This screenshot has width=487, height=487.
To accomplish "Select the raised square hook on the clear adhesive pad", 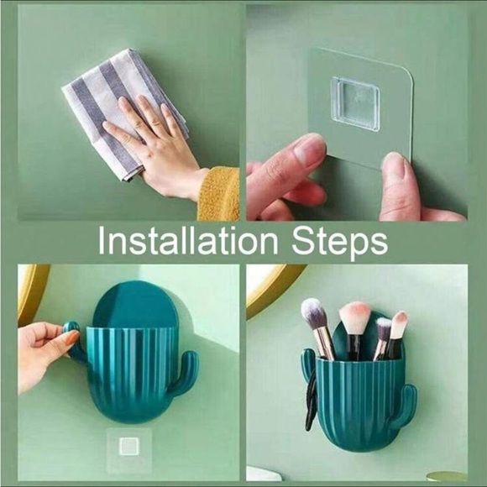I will tap(354, 103).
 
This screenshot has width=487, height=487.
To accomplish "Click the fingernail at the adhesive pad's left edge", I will tap(310, 152).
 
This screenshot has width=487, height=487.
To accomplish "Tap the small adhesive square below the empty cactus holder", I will tap(128, 444).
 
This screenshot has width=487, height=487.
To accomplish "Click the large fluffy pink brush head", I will tap(354, 318).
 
